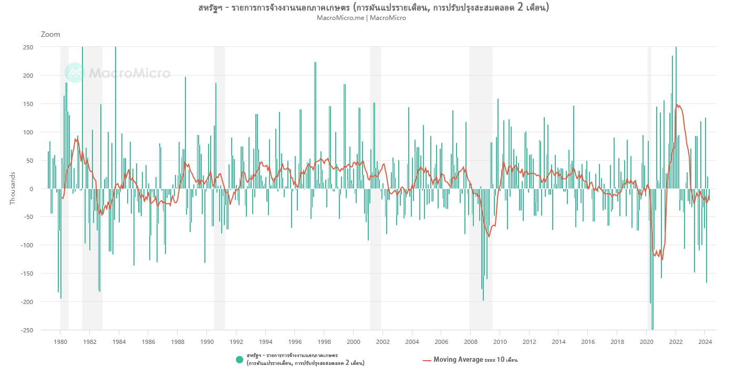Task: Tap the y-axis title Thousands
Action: (13, 188)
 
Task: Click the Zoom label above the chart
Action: (50, 35)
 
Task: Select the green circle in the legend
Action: (240, 360)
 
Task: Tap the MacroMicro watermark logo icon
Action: (74, 73)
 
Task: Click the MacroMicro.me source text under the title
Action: (340, 18)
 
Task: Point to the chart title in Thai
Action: (374, 7)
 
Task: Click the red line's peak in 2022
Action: (677, 104)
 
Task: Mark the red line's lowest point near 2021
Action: (662, 259)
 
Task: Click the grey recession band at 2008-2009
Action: (481, 158)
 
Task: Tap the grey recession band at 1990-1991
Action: (219, 158)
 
